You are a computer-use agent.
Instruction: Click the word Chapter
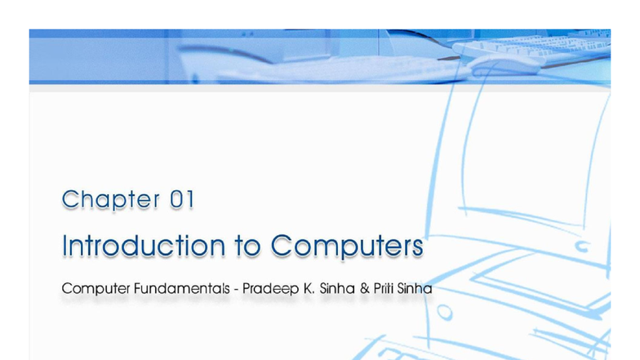[x=110, y=199]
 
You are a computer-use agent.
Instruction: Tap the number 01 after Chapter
[x=182, y=199]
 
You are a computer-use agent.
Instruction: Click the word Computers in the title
[x=347, y=246]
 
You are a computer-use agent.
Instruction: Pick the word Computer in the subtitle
[x=94, y=290]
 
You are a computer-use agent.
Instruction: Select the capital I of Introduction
[x=65, y=245]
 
